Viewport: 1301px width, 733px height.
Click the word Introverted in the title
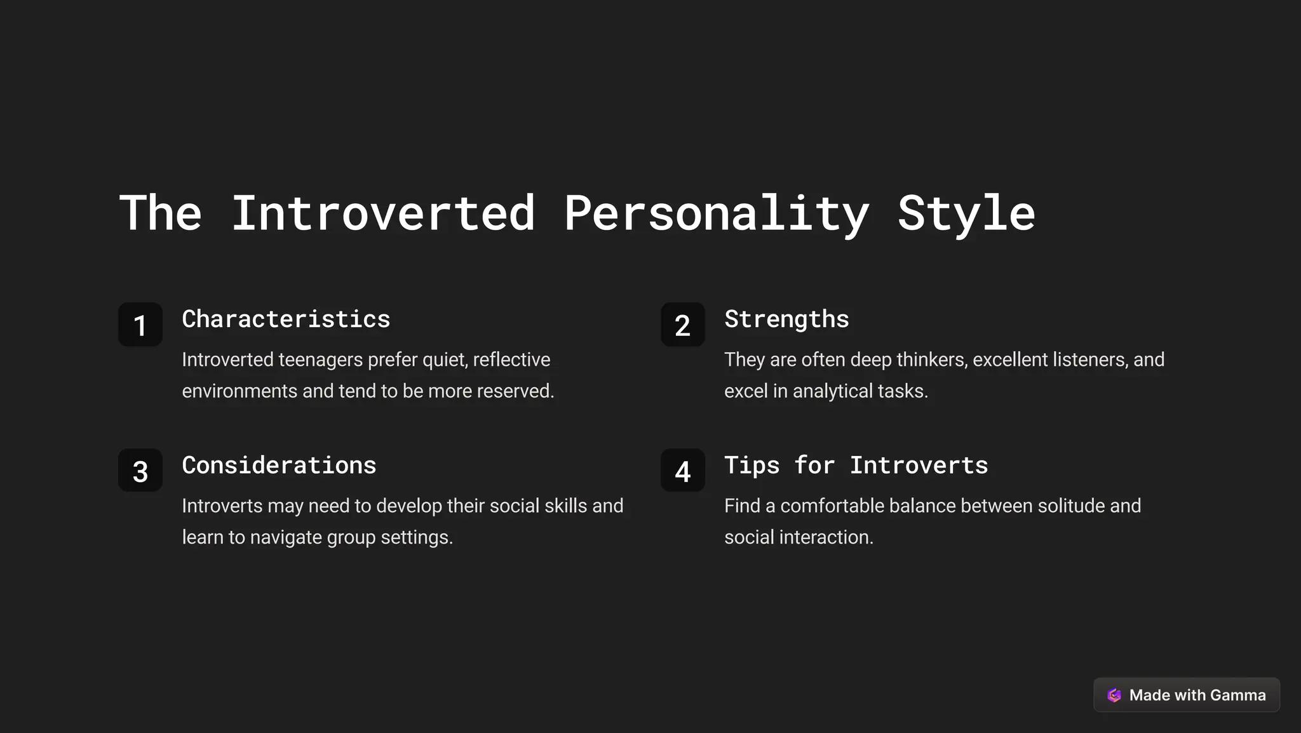(x=382, y=213)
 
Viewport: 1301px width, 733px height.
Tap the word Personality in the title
(x=717, y=213)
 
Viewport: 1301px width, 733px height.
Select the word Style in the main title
(x=966, y=213)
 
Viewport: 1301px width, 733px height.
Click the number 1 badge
(x=140, y=325)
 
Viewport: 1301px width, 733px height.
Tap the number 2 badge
(x=683, y=325)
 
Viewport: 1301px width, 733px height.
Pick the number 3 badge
(x=140, y=471)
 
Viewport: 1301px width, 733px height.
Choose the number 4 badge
(x=683, y=471)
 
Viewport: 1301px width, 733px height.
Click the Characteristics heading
(x=286, y=319)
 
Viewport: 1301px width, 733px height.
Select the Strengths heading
(x=786, y=319)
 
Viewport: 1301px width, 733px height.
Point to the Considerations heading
(x=279, y=465)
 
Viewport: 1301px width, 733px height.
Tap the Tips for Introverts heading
(x=856, y=465)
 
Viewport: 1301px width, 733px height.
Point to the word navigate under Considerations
(x=286, y=537)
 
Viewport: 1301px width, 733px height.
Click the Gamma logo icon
(x=1114, y=695)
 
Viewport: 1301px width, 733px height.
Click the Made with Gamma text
(x=1197, y=695)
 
